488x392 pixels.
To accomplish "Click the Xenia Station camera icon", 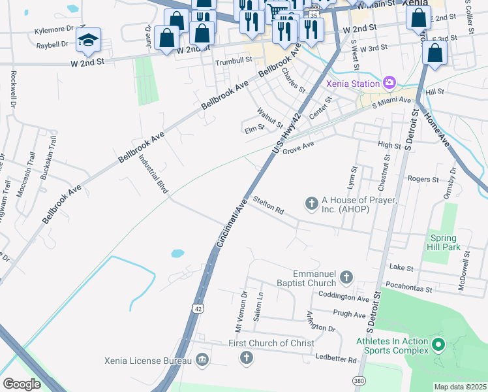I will [389, 83].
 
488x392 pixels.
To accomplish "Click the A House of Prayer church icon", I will [311, 204].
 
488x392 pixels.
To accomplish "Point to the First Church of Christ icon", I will [246, 357].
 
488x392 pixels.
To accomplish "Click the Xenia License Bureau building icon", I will [202, 360].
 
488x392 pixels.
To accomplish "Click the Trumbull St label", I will [234, 60].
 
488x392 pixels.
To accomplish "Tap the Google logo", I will [22, 384].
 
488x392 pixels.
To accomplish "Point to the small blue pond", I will [177, 253].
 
